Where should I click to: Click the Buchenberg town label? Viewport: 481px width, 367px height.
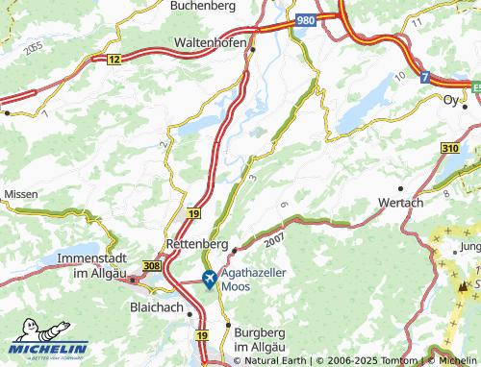[x=202, y=6]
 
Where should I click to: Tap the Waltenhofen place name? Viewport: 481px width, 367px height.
[x=212, y=44]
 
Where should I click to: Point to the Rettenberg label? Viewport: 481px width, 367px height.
[x=197, y=244]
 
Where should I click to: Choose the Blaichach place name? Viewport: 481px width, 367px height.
[x=158, y=308]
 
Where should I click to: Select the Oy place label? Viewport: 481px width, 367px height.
[x=450, y=100]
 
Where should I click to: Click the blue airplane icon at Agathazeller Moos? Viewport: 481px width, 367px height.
[x=210, y=279]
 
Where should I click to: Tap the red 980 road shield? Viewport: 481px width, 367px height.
[x=306, y=19]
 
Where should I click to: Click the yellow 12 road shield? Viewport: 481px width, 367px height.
[x=114, y=60]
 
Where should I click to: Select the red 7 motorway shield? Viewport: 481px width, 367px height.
[x=425, y=79]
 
